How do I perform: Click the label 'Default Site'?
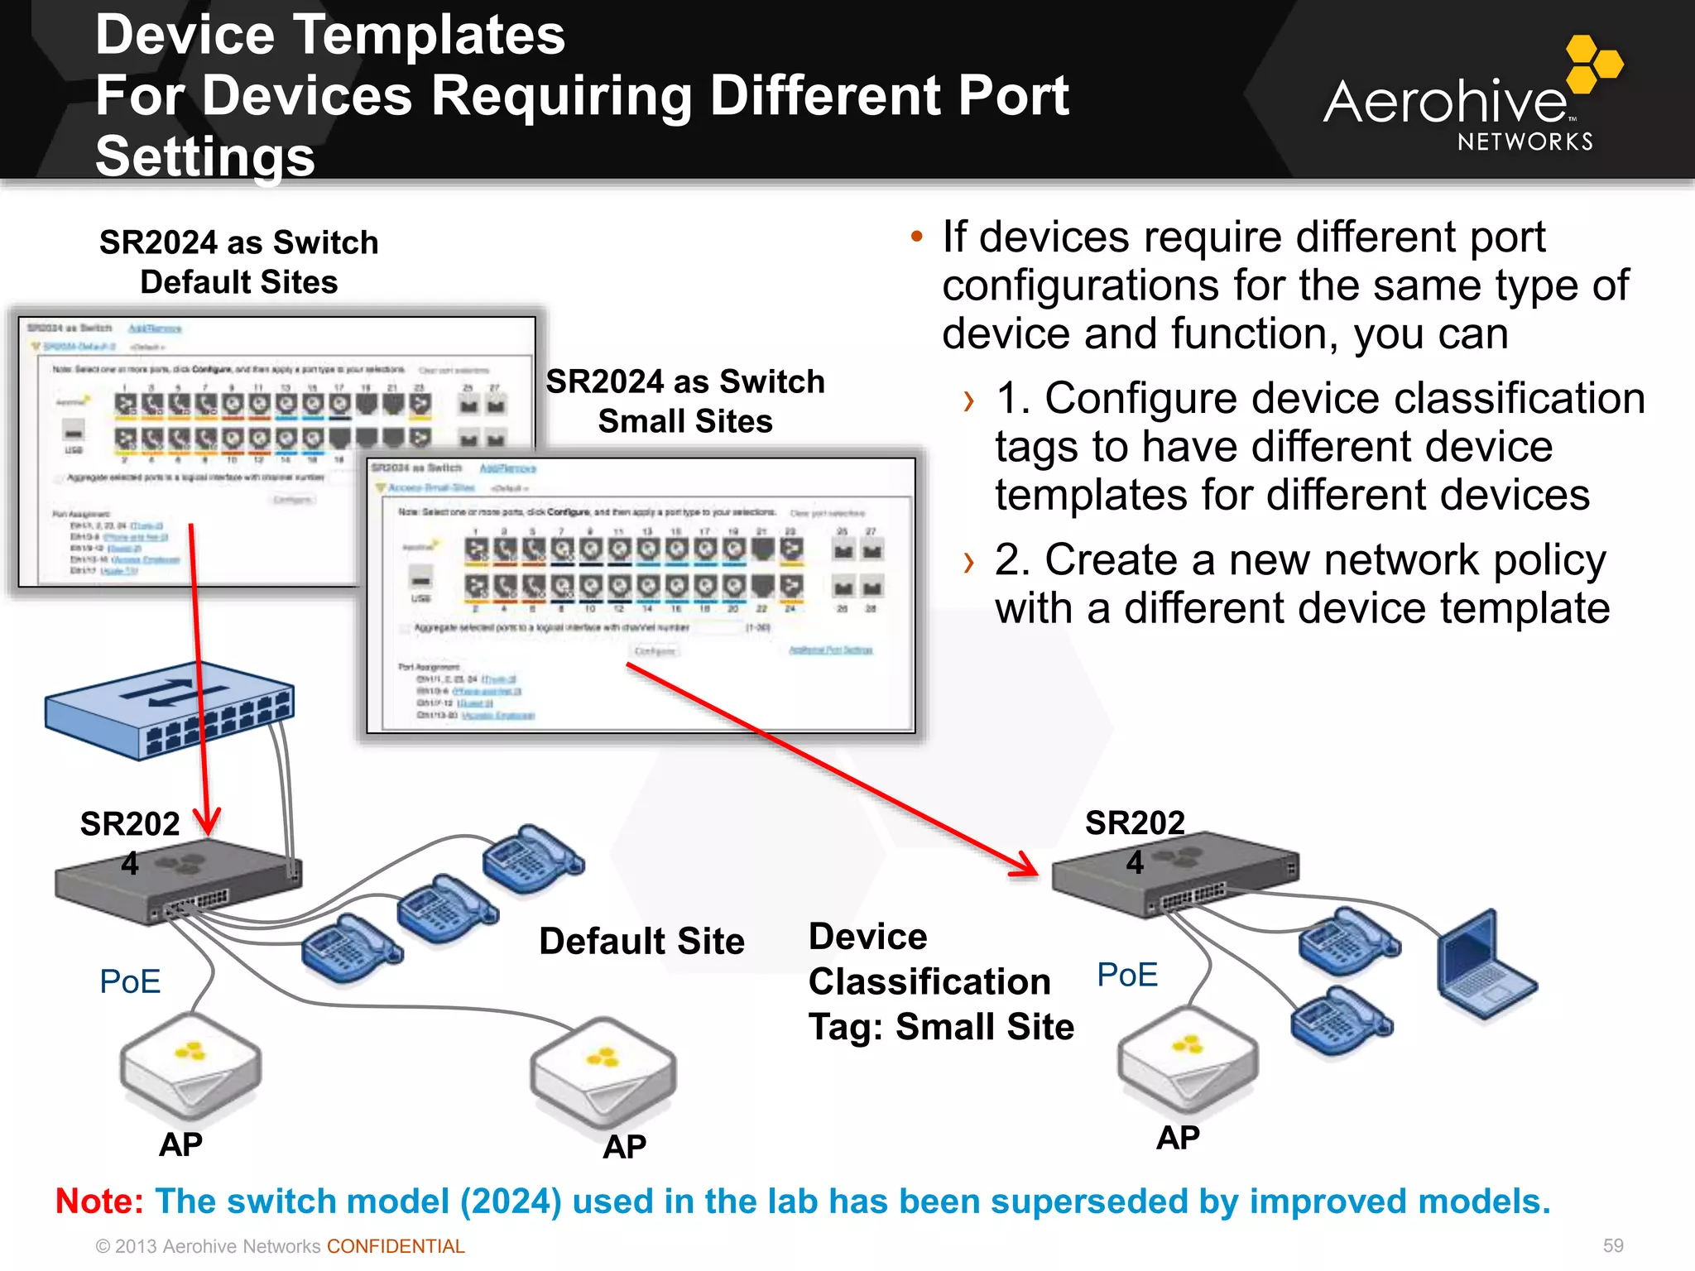coord(641,941)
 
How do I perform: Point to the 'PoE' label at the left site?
coord(130,981)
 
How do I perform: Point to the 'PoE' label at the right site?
coord(1126,975)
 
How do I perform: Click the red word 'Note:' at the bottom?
coord(99,1201)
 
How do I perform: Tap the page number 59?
coord(1612,1245)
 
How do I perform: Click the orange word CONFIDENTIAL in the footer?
coord(396,1246)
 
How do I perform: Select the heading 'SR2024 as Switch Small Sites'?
coord(685,400)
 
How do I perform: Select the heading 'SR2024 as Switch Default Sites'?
coord(238,261)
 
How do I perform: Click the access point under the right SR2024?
coord(1187,1059)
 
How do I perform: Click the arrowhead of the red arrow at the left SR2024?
coord(207,823)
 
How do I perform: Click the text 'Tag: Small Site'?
coord(941,1027)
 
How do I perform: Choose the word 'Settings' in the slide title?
coord(205,156)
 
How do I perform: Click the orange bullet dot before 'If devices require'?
coord(916,237)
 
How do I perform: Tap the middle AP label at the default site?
coord(624,1147)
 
